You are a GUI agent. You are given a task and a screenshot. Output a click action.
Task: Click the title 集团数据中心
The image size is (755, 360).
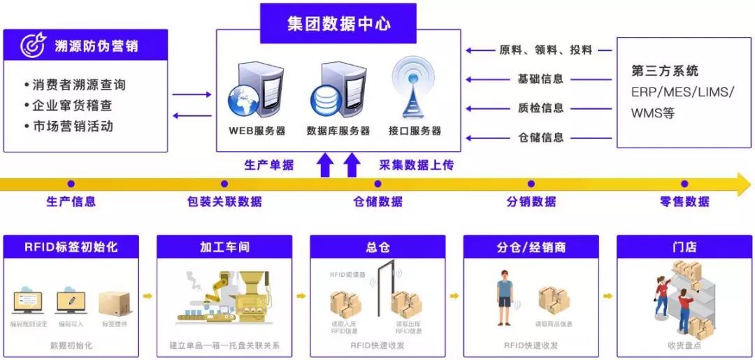(x=338, y=24)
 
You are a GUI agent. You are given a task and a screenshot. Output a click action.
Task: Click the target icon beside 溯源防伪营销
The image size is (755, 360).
(x=32, y=45)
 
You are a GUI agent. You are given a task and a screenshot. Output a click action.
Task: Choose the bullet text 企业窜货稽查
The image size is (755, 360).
(x=73, y=106)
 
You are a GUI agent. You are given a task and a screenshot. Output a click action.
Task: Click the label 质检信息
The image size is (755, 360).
(x=540, y=108)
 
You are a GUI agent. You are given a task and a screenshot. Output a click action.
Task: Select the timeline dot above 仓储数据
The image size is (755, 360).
(x=377, y=184)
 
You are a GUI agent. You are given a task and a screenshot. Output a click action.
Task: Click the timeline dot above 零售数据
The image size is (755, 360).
(x=684, y=184)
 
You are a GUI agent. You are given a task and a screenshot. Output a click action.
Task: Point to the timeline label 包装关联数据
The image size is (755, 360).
(x=224, y=202)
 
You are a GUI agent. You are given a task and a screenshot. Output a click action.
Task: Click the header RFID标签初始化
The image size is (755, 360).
(x=71, y=247)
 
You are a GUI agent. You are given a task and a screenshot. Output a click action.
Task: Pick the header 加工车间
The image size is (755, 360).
(x=224, y=247)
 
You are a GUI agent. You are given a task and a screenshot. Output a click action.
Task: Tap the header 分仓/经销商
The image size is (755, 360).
(x=531, y=247)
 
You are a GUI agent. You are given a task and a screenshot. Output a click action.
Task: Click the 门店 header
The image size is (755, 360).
(x=684, y=247)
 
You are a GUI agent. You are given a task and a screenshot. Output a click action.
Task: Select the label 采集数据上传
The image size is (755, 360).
(x=416, y=166)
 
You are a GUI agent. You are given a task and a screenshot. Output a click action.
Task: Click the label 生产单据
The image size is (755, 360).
(x=268, y=166)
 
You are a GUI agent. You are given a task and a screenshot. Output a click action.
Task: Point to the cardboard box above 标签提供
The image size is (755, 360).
(x=114, y=303)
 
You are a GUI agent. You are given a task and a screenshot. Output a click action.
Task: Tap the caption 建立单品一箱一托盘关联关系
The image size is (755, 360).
(x=224, y=345)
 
